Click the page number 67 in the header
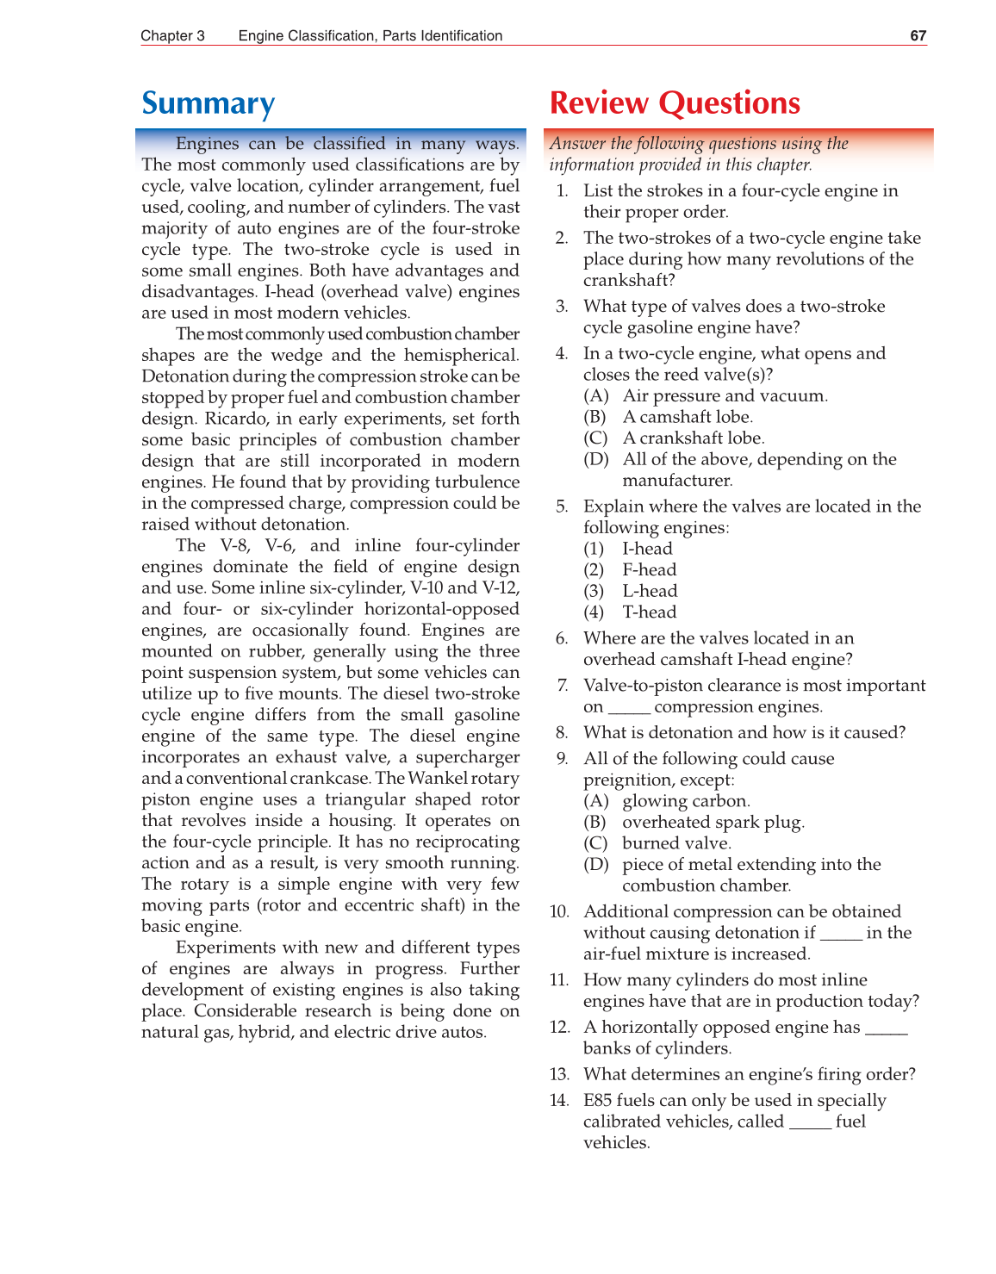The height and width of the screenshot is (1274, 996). point(918,35)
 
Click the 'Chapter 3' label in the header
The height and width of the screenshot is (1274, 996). point(172,35)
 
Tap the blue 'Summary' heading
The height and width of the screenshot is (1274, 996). point(208,103)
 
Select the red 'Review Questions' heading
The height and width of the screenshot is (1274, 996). point(675,103)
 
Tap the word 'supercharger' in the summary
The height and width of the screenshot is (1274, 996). point(467,757)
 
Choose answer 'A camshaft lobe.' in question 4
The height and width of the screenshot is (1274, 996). point(688,417)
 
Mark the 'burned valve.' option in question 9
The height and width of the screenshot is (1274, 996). point(676,843)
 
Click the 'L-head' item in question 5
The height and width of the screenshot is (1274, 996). point(650,591)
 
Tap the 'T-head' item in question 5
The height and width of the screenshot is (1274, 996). point(650,612)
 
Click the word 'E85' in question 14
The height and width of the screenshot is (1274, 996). point(597,1101)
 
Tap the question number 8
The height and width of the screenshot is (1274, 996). point(562,733)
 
